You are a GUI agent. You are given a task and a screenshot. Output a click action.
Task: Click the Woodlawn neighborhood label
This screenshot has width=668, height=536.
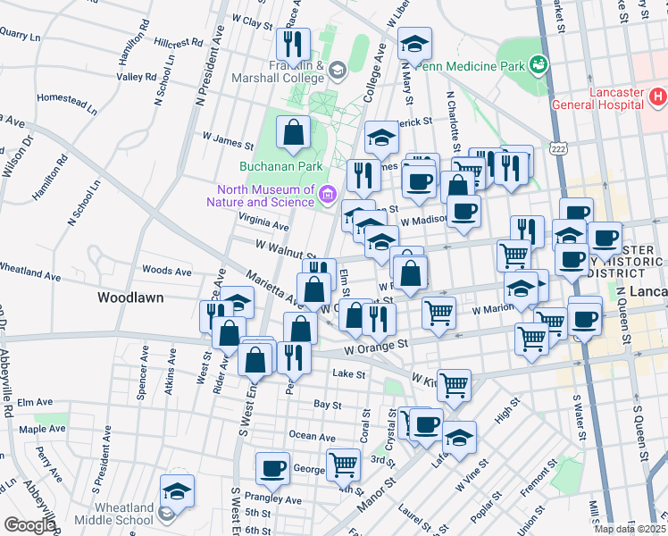pyautogui.click(x=130, y=297)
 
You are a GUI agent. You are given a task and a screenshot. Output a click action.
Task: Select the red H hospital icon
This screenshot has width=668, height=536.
pyautogui.click(x=657, y=96)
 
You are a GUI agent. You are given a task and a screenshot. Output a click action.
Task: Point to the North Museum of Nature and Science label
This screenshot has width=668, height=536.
pyautogui.click(x=263, y=195)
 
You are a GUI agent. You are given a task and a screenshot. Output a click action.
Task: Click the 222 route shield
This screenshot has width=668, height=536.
pyautogui.click(x=559, y=147)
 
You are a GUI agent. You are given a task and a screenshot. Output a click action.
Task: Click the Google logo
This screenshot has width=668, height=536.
pyautogui.click(x=29, y=525)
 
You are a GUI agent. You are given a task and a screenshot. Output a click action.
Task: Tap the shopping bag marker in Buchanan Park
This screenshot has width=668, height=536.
pyautogui.click(x=293, y=134)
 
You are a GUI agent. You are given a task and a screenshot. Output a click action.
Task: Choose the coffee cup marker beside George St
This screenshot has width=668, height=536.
pyautogui.click(x=272, y=467)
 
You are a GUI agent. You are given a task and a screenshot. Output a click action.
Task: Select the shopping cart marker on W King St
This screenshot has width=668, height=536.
pyautogui.click(x=454, y=385)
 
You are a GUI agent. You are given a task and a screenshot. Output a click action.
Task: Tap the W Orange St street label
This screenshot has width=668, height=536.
pyautogui.click(x=376, y=343)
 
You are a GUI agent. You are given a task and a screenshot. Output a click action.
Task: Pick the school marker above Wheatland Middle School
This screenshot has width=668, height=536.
pyautogui.click(x=177, y=490)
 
